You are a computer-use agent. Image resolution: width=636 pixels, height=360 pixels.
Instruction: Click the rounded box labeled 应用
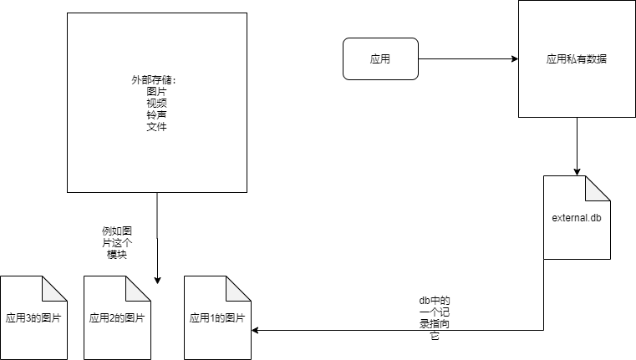click(380, 59)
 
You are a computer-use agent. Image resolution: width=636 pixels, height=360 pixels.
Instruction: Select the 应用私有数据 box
click(576, 59)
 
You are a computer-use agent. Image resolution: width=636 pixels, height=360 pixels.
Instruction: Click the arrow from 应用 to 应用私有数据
click(468, 59)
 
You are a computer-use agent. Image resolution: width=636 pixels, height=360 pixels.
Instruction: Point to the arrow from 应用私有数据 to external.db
click(577, 146)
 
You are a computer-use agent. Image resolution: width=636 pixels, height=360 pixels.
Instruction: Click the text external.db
click(577, 218)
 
